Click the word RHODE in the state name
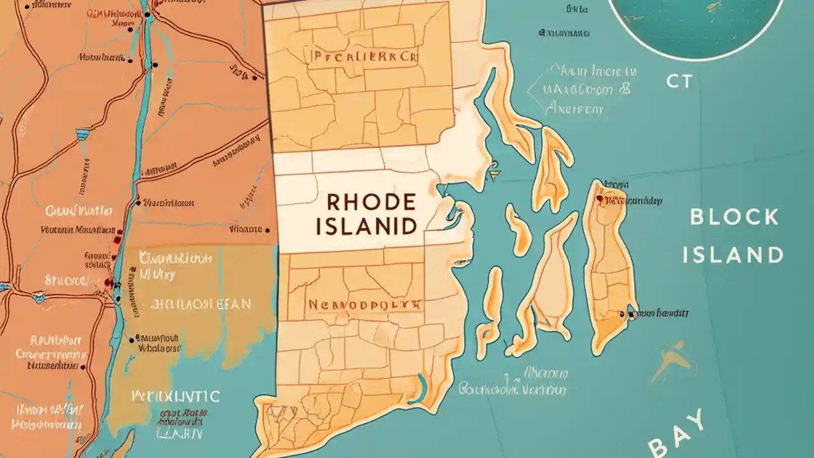click(371, 202)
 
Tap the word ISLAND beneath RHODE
click(371, 225)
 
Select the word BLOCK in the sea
click(735, 217)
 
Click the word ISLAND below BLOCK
click(733, 255)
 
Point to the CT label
click(679, 81)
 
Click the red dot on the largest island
click(599, 198)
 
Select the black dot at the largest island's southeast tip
click(630, 314)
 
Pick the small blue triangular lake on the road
click(82, 134)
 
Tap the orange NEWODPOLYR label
click(364, 305)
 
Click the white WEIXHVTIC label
click(176, 396)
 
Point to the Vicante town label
click(245, 228)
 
